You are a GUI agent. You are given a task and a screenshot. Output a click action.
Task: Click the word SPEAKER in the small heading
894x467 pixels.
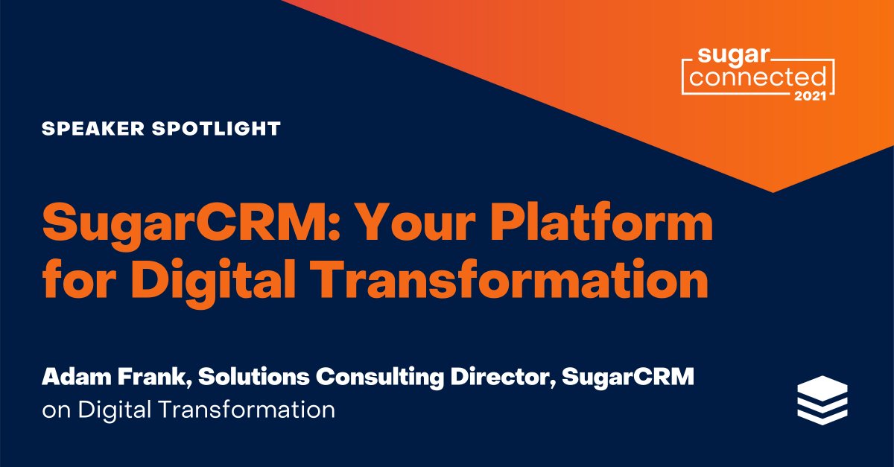tap(86, 129)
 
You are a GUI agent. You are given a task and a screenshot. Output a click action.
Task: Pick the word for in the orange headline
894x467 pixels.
tap(77, 282)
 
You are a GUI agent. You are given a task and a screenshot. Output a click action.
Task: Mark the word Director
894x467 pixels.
tap(504, 378)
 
